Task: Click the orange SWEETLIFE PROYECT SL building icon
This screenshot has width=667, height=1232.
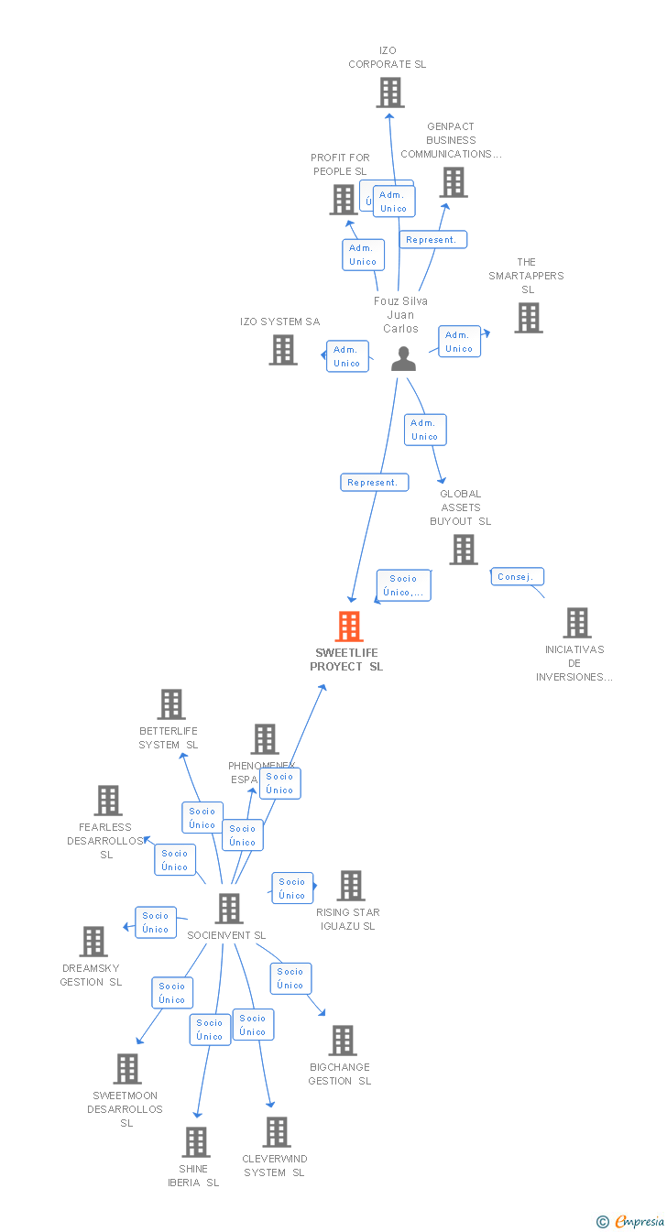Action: tap(349, 627)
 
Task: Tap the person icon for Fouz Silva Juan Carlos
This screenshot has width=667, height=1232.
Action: tap(403, 359)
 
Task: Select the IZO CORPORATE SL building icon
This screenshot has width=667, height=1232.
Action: tap(390, 93)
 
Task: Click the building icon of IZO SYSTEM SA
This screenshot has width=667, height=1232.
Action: tap(283, 349)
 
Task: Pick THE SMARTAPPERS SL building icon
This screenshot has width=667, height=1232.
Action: tap(528, 318)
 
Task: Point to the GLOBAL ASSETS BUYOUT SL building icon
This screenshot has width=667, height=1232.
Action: tap(464, 549)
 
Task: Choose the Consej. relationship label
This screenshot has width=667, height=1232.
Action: tap(518, 576)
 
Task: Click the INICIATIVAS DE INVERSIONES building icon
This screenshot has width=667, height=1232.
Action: tap(576, 623)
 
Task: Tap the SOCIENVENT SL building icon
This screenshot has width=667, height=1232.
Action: tap(228, 908)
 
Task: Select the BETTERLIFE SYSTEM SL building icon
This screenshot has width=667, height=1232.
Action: tap(171, 704)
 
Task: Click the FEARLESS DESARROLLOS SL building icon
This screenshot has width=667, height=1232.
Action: tap(108, 801)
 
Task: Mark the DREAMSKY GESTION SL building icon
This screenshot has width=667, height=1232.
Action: tap(93, 941)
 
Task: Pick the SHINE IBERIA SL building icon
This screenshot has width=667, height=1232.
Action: tap(196, 1142)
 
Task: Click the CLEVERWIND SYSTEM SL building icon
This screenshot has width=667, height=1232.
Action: tap(276, 1132)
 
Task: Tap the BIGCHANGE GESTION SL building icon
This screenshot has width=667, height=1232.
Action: tap(342, 1041)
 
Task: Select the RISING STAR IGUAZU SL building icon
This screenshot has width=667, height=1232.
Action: tap(350, 886)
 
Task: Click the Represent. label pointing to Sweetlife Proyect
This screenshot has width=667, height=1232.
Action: tap(374, 482)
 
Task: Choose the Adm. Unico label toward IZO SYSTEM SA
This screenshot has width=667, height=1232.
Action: tap(347, 356)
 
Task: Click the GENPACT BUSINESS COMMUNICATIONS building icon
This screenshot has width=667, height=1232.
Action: tap(453, 182)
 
